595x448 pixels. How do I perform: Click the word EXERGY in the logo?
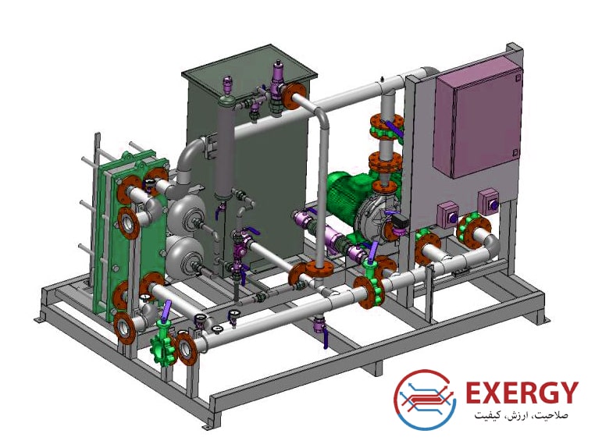[x=522, y=393]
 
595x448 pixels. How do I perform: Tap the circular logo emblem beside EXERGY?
[x=424, y=400]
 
